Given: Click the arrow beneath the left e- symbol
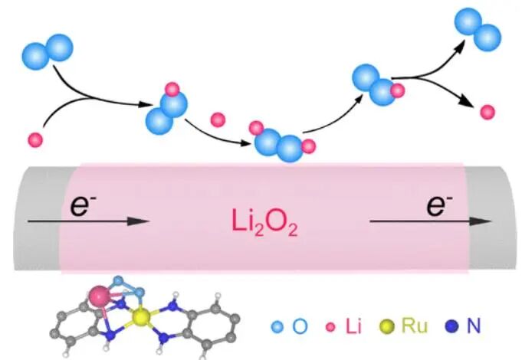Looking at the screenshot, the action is tap(85, 221).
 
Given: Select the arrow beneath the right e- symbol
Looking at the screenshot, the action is tap(429, 221).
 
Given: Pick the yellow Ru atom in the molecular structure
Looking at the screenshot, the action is tap(140, 316).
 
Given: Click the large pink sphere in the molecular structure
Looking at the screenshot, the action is tap(100, 296).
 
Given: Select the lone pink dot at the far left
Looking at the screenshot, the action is tap(34, 140).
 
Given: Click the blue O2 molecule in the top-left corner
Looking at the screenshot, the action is tap(48, 51).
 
